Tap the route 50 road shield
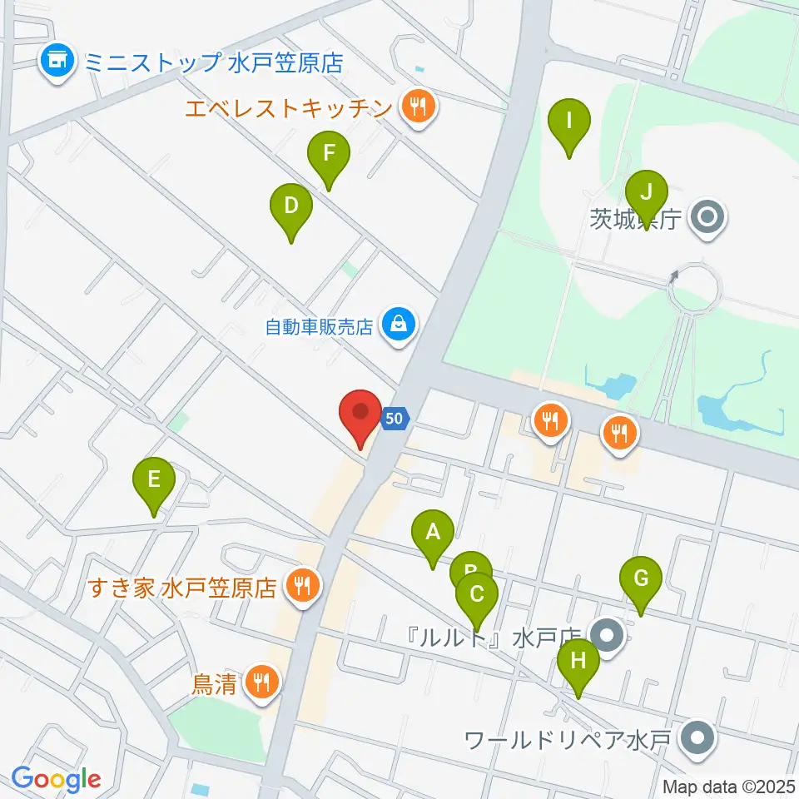(x=395, y=419)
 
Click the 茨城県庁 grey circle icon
(x=708, y=220)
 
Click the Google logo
(x=56, y=778)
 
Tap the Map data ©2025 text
(x=727, y=786)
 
